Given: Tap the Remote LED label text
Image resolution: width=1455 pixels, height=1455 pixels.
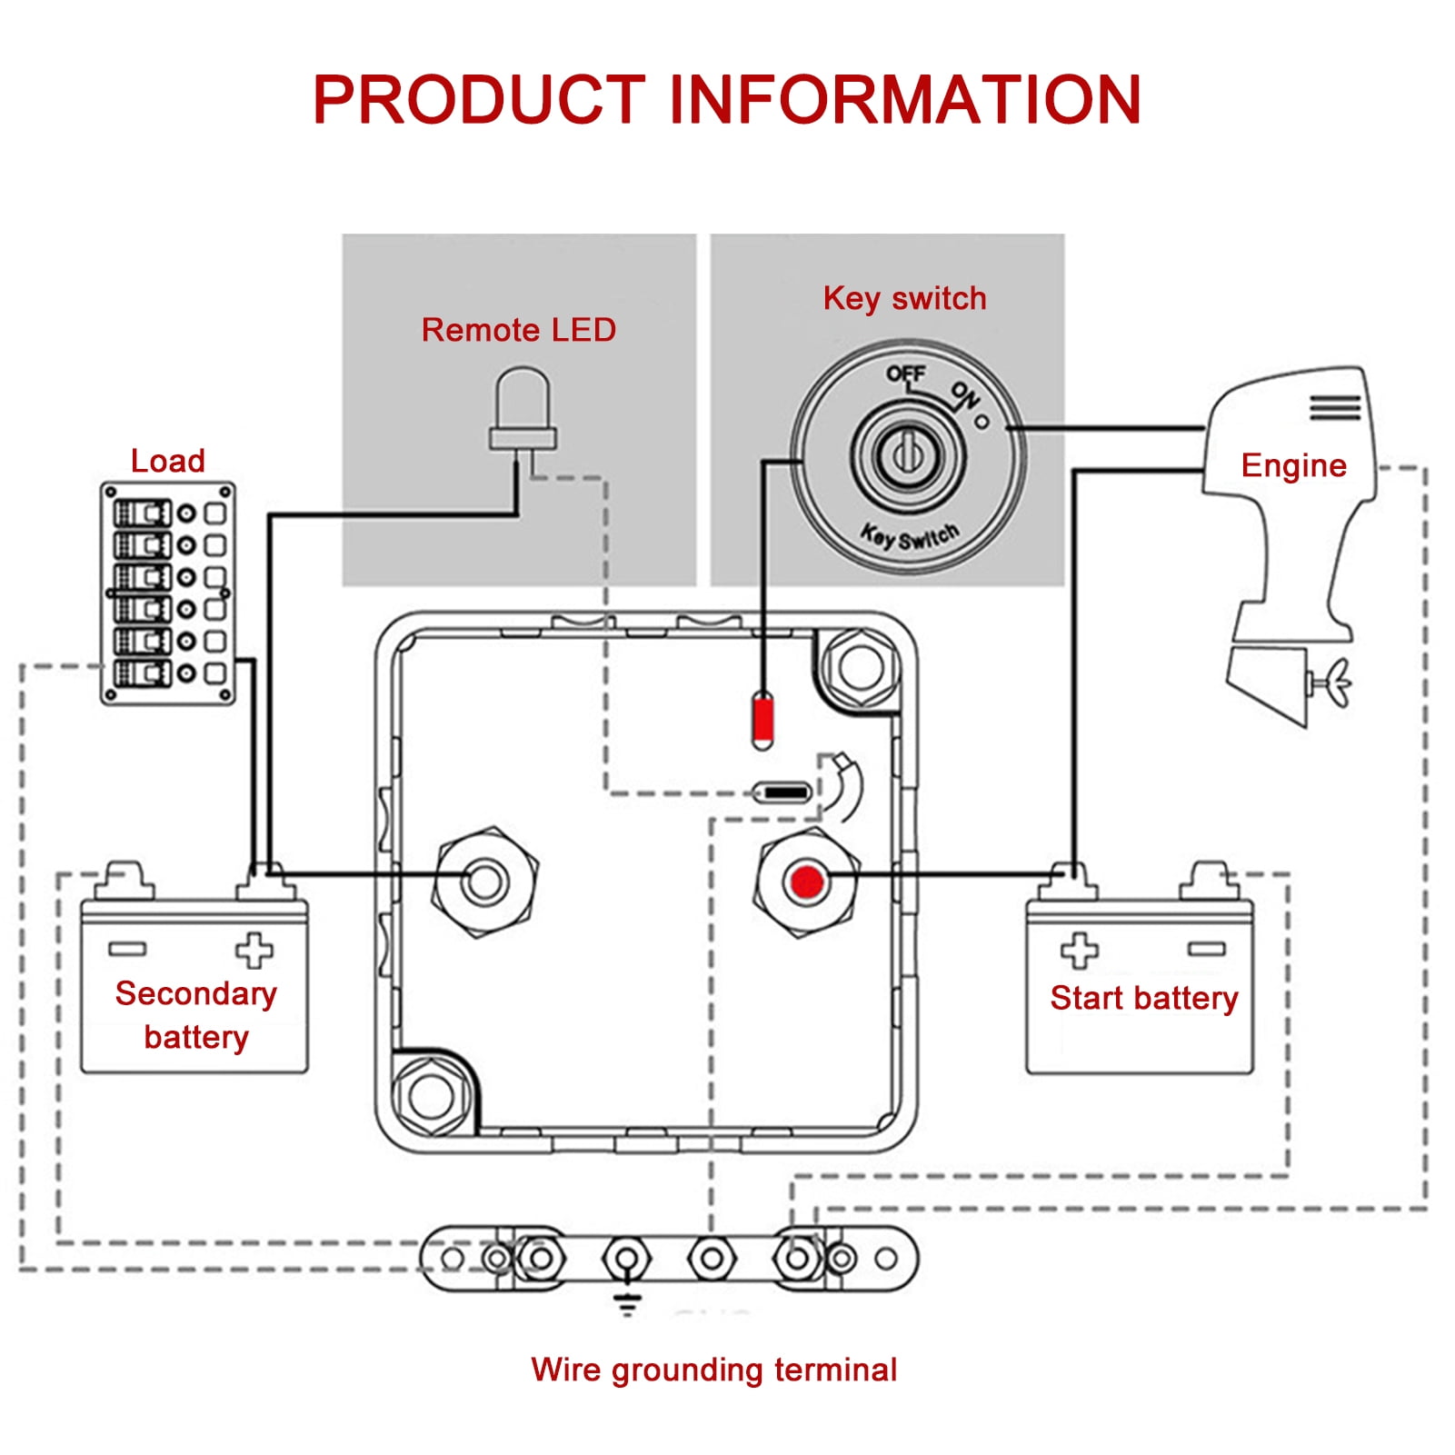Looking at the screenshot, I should pyautogui.click(x=519, y=330).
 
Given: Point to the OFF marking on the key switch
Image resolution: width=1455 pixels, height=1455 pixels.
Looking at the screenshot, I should pyautogui.click(x=905, y=374).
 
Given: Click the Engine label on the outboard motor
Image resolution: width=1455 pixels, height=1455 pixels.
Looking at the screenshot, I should pyautogui.click(x=1293, y=465).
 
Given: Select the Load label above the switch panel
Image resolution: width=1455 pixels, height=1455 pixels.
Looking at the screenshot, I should pyautogui.click(x=168, y=461).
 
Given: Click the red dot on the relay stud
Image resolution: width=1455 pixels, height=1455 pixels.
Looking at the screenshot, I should pyautogui.click(x=806, y=882).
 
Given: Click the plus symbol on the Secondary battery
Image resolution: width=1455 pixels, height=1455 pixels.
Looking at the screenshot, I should pyautogui.click(x=254, y=951).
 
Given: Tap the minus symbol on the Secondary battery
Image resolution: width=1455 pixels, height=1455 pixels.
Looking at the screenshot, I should pyautogui.click(x=127, y=949).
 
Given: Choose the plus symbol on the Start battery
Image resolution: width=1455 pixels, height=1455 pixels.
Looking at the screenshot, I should pyautogui.click(x=1080, y=951).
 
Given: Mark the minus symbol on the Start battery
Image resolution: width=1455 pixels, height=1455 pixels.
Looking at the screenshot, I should pyautogui.click(x=1206, y=949).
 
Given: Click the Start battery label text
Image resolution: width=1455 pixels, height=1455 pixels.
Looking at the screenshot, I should pyautogui.click(x=1144, y=998).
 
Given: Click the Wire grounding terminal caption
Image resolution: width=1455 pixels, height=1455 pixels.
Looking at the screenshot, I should pyautogui.click(x=713, y=1370).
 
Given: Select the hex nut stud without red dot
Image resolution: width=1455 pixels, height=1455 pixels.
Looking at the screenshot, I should pyautogui.click(x=486, y=881).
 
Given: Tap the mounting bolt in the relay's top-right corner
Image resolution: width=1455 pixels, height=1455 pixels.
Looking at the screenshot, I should pyautogui.click(x=861, y=668).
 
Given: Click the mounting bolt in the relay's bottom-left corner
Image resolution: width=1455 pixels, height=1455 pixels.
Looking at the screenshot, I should pyautogui.click(x=433, y=1096).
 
